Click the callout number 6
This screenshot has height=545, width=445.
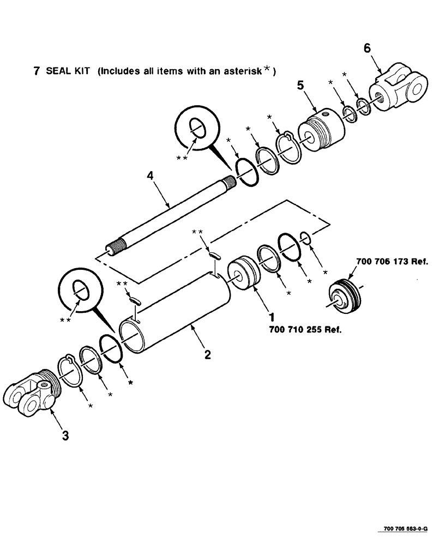(x=367, y=48)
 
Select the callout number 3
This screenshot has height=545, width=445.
(x=65, y=436)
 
